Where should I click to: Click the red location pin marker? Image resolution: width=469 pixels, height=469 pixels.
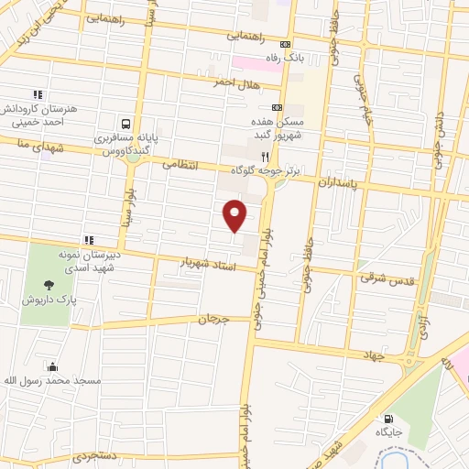(235, 215)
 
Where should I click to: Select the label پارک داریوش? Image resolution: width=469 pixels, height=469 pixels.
(49, 300)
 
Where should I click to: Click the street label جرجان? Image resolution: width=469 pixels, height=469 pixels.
(211, 320)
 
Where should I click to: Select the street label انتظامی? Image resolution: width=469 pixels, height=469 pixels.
(180, 166)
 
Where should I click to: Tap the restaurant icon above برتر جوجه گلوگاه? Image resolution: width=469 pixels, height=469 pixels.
(265, 156)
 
